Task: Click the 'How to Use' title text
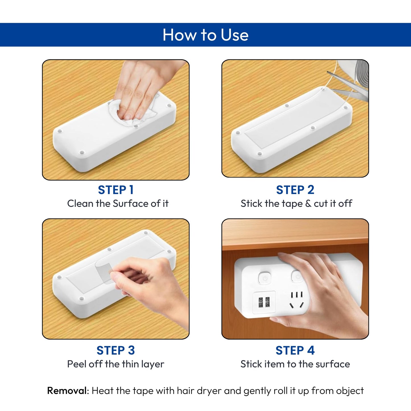click(x=205, y=35)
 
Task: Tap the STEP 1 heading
click(x=116, y=190)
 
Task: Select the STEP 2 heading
click(x=295, y=190)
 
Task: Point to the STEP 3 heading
click(x=115, y=350)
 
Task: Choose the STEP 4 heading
click(x=295, y=350)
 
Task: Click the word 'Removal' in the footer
click(x=67, y=391)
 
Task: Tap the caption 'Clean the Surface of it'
click(x=118, y=203)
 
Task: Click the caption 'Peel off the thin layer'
click(x=115, y=364)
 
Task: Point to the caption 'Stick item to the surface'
click(x=295, y=364)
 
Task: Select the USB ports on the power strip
click(x=264, y=302)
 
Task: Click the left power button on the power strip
click(x=265, y=278)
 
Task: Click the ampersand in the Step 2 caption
click(x=308, y=203)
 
